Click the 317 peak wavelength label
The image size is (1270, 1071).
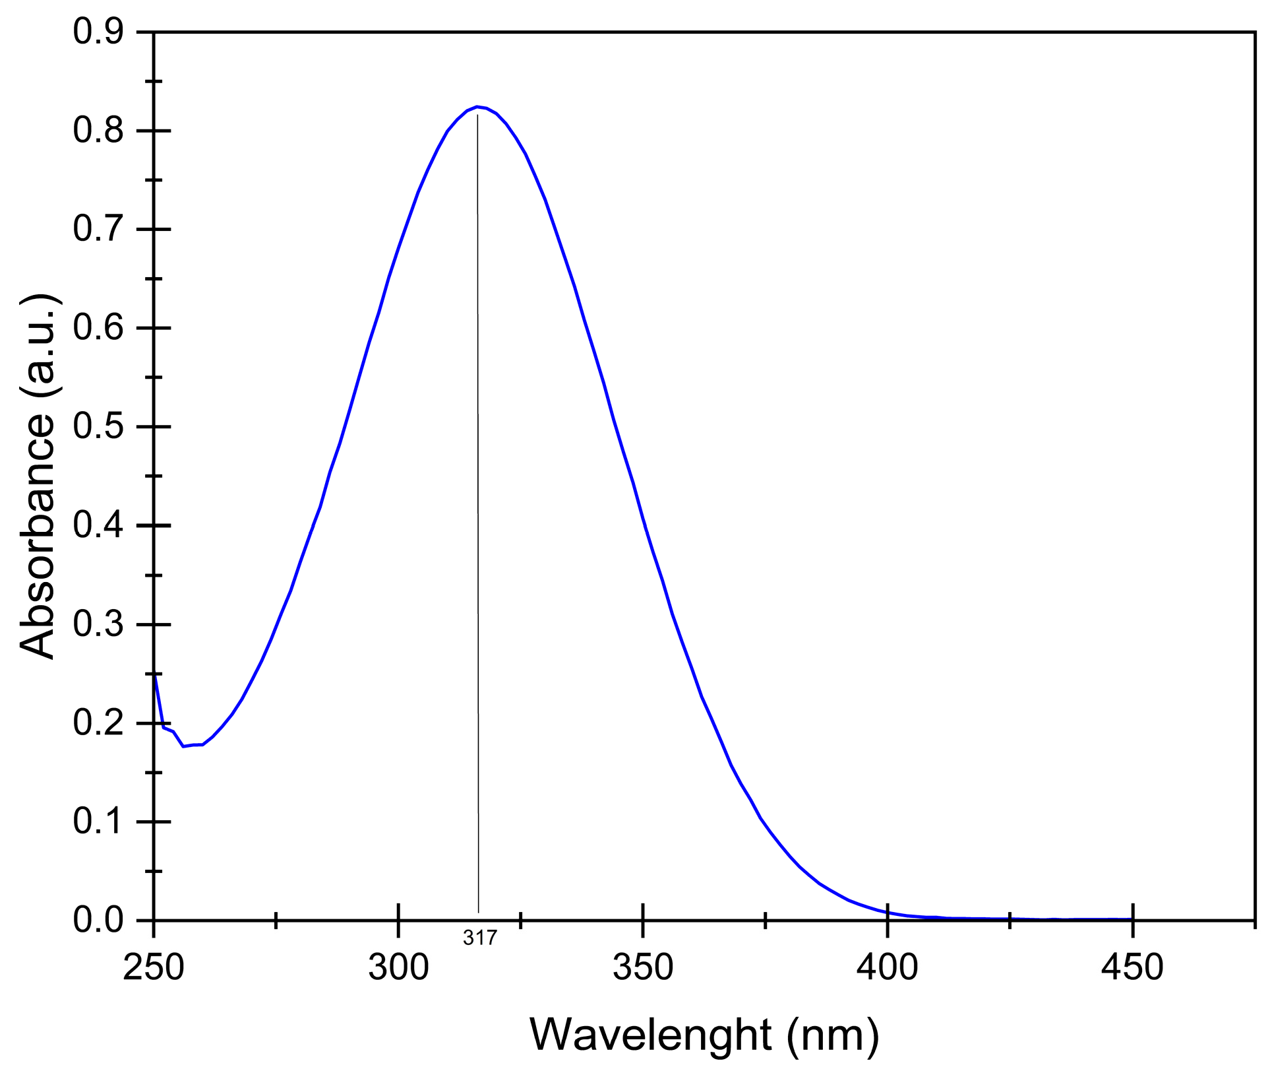click(479, 938)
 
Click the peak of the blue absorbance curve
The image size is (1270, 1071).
click(477, 107)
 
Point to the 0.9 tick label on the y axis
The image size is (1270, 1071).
click(98, 33)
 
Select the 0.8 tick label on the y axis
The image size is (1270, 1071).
click(98, 131)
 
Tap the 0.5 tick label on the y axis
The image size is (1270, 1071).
click(98, 428)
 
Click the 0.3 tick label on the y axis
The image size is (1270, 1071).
click(98, 625)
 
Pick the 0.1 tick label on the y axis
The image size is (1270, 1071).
click(98, 822)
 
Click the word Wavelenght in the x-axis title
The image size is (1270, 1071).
click(650, 1036)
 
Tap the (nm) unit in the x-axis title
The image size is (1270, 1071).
click(832, 1036)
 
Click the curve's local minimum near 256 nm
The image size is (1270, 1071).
click(183, 746)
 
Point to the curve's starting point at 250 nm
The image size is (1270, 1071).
click(154, 674)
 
